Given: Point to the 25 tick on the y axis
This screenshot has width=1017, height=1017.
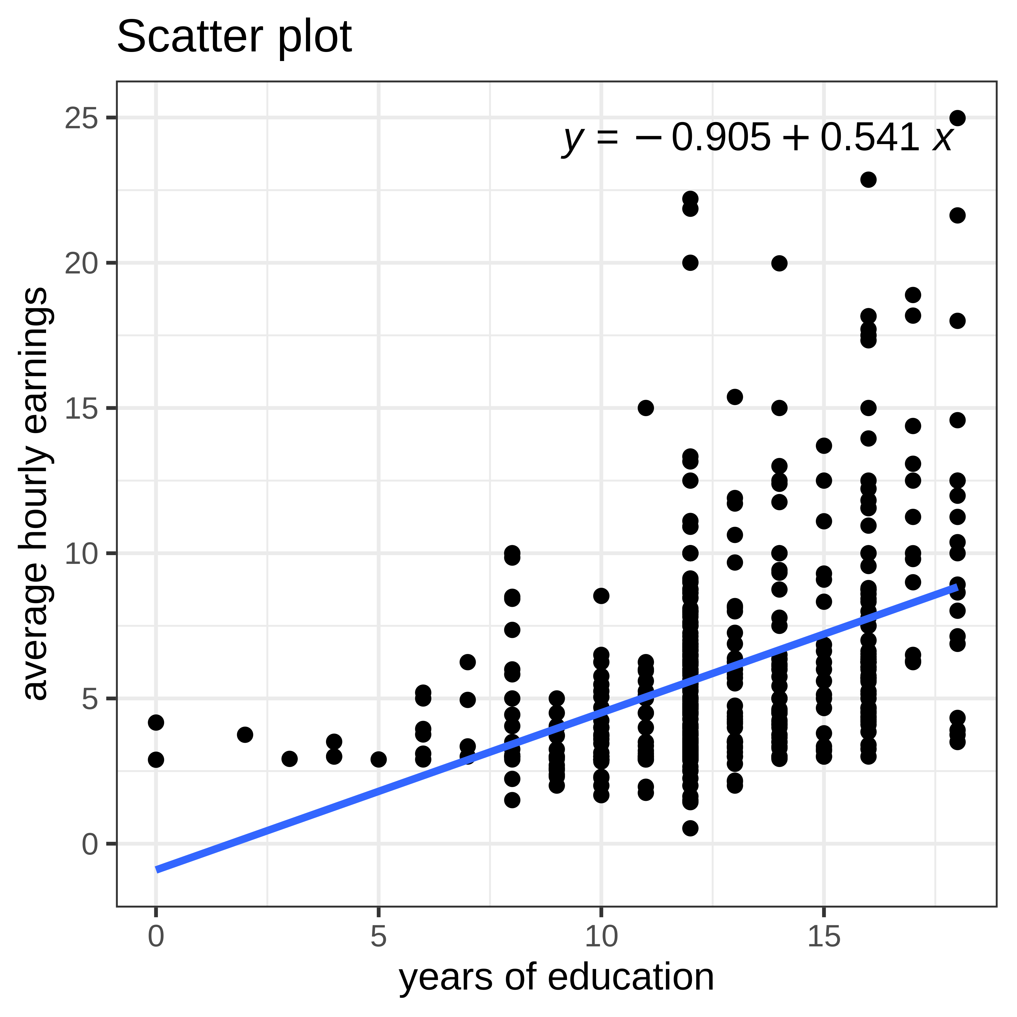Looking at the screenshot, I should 82,118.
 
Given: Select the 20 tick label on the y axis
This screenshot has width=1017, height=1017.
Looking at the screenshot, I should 82,263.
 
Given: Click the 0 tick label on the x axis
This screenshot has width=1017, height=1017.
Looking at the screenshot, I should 156,937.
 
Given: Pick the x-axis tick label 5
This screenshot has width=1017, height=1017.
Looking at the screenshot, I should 379,937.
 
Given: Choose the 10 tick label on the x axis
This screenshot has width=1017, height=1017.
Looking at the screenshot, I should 601,937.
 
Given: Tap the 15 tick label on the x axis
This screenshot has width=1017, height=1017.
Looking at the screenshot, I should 824,937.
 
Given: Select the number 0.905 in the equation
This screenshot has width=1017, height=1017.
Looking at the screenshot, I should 721,138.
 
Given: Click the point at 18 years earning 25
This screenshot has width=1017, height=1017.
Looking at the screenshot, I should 957,118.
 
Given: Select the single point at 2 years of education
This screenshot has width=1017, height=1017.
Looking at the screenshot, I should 245,734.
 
